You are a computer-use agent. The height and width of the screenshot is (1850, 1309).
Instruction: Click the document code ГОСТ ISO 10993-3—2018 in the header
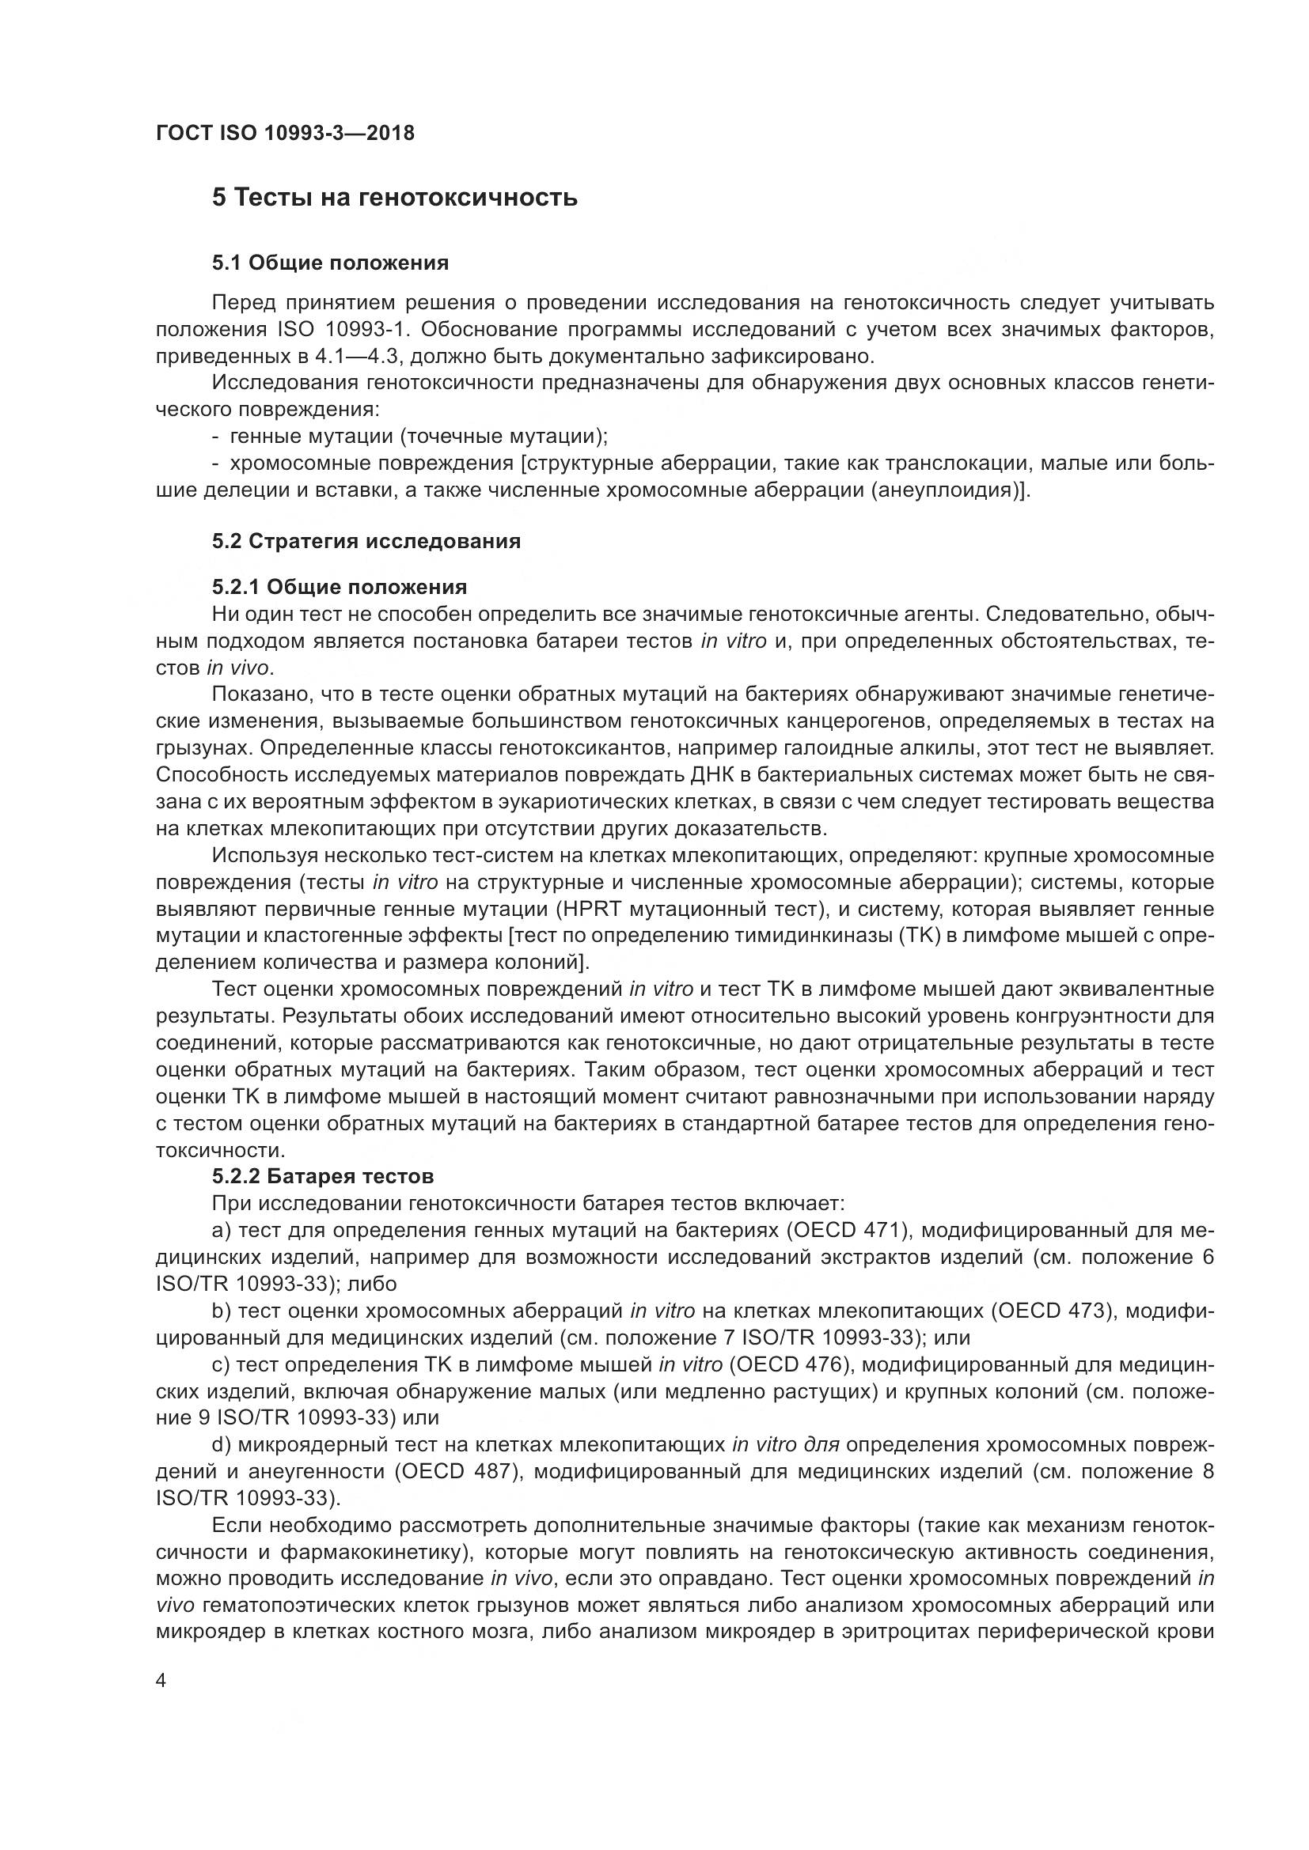286,133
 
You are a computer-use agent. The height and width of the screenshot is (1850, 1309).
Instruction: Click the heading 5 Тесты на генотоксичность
395,198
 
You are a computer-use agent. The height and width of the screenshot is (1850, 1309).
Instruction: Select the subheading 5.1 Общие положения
331,263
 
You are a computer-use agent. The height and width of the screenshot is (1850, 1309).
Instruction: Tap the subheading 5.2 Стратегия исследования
366,541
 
